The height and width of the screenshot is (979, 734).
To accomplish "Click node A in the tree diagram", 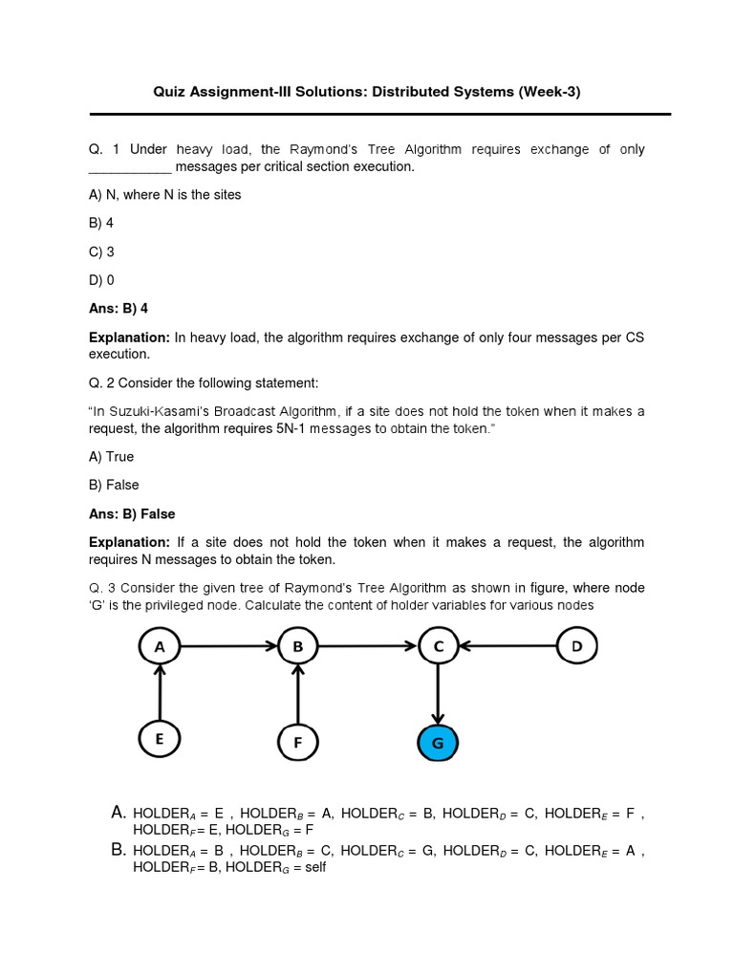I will [160, 647].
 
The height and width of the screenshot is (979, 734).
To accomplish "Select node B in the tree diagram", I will [298, 647].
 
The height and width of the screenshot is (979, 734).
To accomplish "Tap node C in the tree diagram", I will [439, 647].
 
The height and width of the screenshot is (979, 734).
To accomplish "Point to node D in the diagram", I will [576, 647].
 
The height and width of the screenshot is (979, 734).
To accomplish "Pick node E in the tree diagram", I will [160, 738].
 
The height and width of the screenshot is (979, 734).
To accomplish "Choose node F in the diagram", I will [298, 741].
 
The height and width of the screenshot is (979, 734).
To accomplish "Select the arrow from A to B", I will [228, 647].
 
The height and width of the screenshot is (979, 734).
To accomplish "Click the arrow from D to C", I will [507, 647].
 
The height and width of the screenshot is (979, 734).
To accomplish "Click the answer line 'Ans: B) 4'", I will [119, 309].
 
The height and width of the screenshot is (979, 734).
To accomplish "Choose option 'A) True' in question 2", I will [111, 456].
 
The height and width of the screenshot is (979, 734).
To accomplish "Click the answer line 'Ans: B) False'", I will [132, 513].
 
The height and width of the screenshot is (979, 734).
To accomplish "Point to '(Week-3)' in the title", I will [549, 92].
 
